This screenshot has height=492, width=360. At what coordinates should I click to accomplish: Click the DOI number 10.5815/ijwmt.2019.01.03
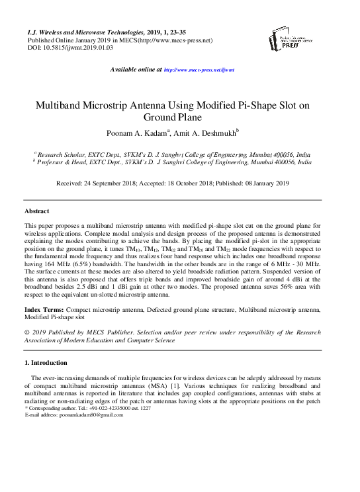point(73,48)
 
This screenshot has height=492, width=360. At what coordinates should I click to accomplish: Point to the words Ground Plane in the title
point(180,118)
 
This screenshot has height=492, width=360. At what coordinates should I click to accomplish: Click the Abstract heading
point(37,211)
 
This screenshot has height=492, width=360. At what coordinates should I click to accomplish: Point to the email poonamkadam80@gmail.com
point(91,415)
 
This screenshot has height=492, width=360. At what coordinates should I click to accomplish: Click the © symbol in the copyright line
point(27,333)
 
